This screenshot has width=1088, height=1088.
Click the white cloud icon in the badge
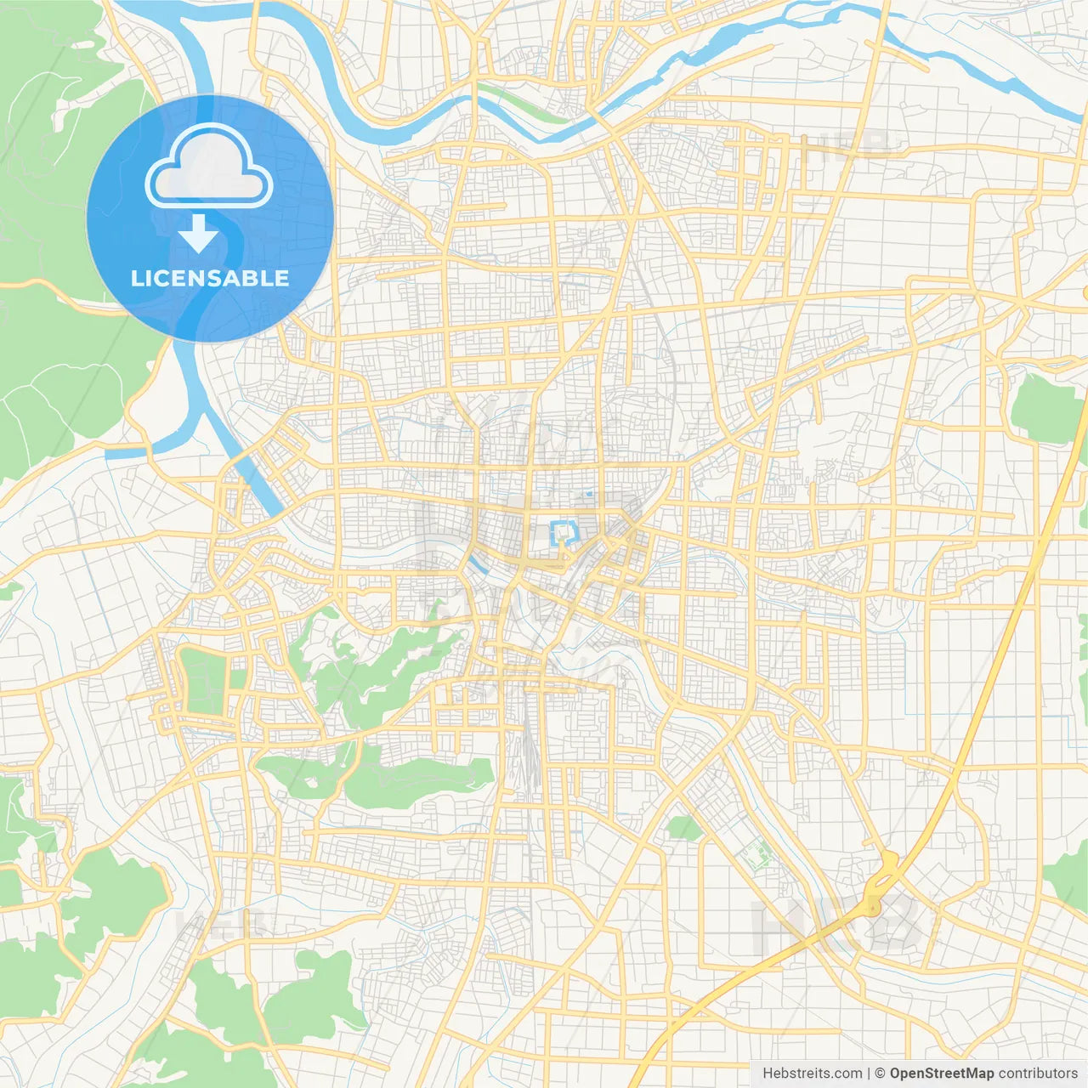[209, 167]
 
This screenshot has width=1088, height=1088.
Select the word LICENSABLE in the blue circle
[210, 279]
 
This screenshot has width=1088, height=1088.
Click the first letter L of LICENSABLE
[136, 279]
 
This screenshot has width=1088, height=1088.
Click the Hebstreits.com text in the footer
[812, 1074]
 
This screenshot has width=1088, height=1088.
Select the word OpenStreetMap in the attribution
[942, 1074]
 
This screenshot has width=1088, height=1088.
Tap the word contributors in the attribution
[1038, 1074]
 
